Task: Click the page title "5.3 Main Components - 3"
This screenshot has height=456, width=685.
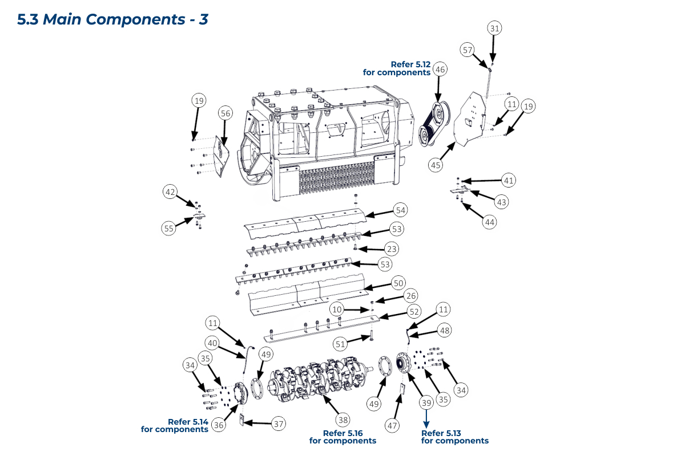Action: coord(112,19)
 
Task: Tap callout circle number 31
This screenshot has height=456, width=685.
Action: coord(494,28)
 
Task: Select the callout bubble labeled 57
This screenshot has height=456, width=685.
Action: coord(468,50)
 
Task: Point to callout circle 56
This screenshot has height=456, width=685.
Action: coord(225,114)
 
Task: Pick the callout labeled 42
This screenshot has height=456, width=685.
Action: coord(170,193)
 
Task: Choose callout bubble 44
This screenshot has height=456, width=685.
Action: coord(489,222)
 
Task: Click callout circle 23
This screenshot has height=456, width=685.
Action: coord(392,249)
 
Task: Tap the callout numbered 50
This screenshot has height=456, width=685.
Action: coord(398,283)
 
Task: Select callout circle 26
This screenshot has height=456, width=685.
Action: coord(410,295)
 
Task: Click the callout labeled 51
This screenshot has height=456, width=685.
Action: coord(341,344)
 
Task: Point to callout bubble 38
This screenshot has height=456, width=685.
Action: coord(342,420)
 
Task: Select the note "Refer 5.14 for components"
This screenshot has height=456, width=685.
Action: coord(175,425)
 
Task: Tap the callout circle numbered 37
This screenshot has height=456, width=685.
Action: coord(278,424)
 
